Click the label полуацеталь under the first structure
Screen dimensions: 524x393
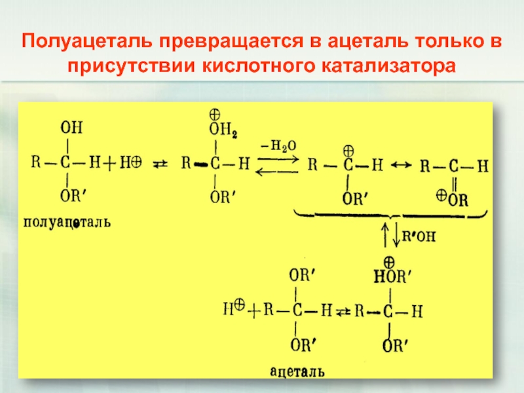click(67, 223)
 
